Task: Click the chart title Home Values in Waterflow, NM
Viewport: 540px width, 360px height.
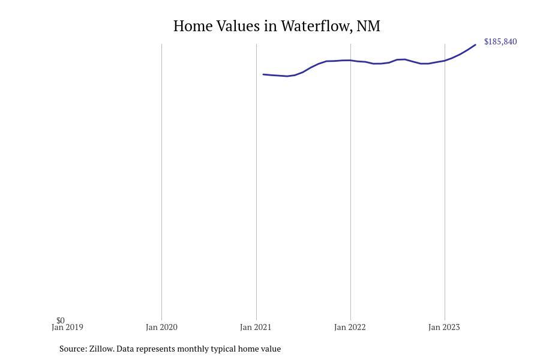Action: [x=277, y=26]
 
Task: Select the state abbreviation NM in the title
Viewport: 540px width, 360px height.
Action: [x=368, y=26]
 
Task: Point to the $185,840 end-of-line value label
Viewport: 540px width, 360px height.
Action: [x=500, y=42]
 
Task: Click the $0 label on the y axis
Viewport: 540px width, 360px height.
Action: [x=61, y=320]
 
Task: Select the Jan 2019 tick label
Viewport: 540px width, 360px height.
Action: [x=67, y=328]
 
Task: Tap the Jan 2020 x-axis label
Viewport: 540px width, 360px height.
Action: [x=161, y=328]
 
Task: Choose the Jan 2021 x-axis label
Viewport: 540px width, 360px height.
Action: [x=256, y=328]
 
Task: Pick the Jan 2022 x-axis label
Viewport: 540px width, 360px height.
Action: [x=350, y=328]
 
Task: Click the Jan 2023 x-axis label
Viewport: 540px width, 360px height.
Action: [x=444, y=328]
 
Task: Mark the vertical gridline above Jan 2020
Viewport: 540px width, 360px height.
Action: [x=161, y=180]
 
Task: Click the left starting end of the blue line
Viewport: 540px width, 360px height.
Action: [x=263, y=74]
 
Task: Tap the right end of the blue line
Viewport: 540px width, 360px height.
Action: [x=475, y=45]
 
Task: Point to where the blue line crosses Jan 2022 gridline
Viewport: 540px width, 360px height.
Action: [x=350, y=61]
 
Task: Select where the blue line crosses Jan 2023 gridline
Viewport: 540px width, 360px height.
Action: [x=445, y=61]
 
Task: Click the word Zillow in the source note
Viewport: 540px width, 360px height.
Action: [x=101, y=349]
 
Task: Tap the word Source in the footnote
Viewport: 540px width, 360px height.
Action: [x=73, y=349]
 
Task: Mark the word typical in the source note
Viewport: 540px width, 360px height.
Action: [x=221, y=349]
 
